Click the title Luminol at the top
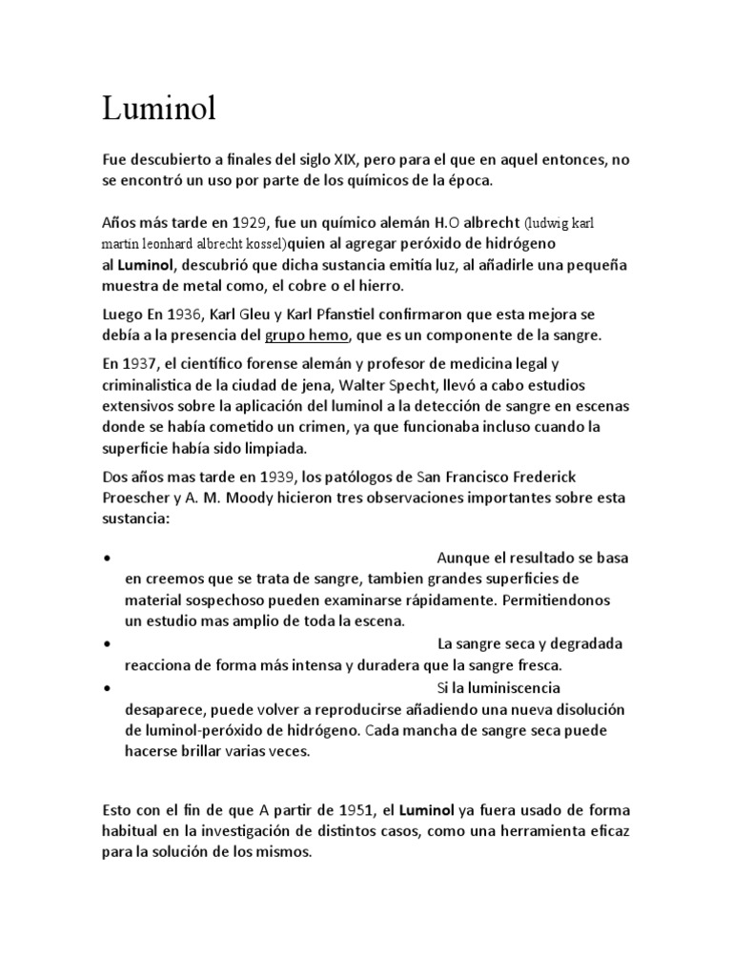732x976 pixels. (159, 110)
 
